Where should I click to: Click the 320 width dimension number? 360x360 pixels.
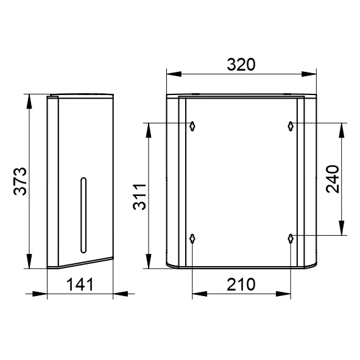pyautogui.click(x=241, y=65)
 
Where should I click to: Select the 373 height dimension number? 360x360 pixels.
pyautogui.click(x=20, y=182)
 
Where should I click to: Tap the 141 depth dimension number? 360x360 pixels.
pyautogui.click(x=80, y=284)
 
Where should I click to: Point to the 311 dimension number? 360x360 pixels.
pyautogui.click(x=139, y=197)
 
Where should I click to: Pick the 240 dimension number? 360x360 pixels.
pyautogui.click(x=333, y=179)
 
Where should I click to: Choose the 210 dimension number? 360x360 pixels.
pyautogui.click(x=241, y=284)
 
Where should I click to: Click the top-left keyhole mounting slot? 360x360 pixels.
pyautogui.click(x=192, y=126)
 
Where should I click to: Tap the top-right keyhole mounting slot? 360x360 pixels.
pyautogui.click(x=291, y=126)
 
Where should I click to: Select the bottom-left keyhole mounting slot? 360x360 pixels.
pyautogui.click(x=192, y=239)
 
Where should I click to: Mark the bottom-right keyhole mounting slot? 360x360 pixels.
pyautogui.click(x=291, y=239)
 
